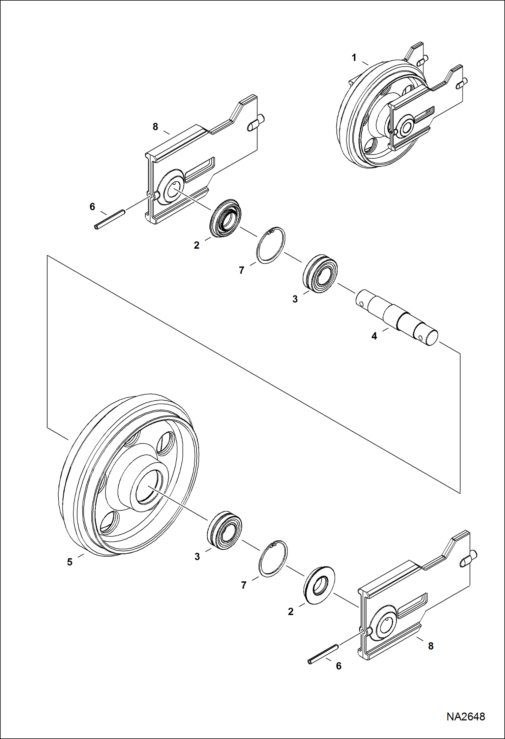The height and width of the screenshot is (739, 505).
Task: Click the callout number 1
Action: click(x=354, y=58)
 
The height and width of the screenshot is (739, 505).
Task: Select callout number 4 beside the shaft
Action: click(x=374, y=336)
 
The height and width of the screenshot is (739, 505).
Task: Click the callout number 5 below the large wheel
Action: click(x=69, y=562)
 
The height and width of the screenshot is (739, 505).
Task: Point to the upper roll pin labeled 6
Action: click(x=110, y=220)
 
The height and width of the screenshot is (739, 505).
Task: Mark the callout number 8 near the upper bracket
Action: click(x=155, y=127)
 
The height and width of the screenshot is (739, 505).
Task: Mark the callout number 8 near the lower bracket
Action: click(x=430, y=646)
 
